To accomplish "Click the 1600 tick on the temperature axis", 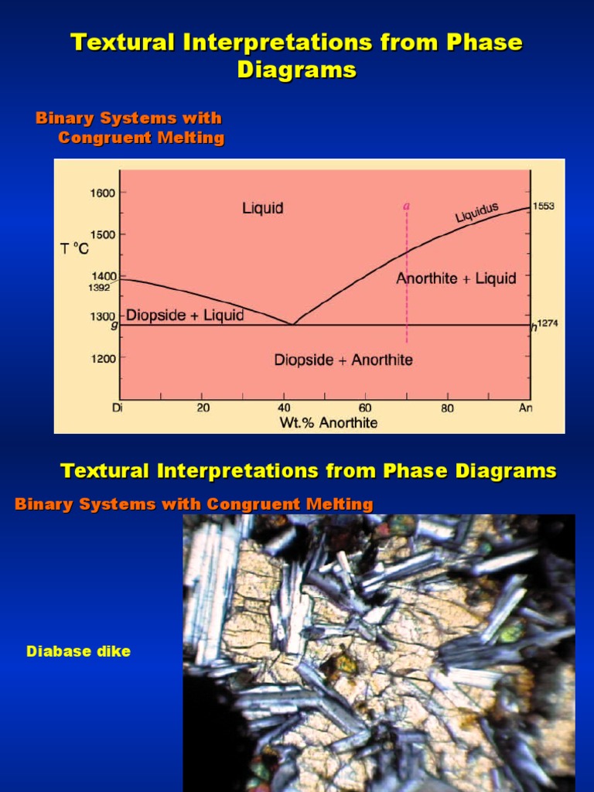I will (103, 193).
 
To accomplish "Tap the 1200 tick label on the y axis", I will (103, 358).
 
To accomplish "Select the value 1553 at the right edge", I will (544, 207).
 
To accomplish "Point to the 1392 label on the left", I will (99, 288).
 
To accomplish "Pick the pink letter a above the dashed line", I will (406, 206).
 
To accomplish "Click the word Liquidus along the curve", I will (476, 212).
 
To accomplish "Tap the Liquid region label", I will (263, 208).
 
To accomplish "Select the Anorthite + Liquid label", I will (456, 278).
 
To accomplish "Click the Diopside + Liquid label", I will (185, 315).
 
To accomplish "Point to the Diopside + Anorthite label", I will (343, 360).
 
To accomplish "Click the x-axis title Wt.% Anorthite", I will (329, 422).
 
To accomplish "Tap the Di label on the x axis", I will (118, 408).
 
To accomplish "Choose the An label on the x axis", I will (526, 408).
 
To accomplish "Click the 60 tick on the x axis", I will (365, 408).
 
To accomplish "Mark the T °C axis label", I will (74, 249).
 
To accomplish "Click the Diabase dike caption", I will (78, 651).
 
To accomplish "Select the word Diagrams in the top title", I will (296, 70).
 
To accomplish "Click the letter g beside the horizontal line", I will (114, 325).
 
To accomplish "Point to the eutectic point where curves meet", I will (292, 324).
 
